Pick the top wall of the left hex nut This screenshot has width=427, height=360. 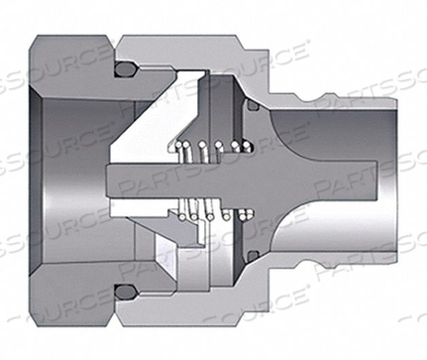[69, 50]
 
